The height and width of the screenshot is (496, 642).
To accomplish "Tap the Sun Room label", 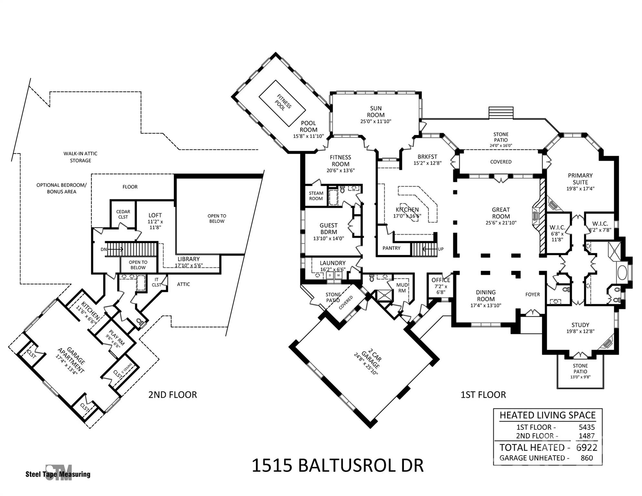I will pos(376,112).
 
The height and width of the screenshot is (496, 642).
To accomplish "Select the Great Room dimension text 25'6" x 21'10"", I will pos(501,223).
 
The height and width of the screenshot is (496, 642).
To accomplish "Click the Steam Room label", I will pos(316,196).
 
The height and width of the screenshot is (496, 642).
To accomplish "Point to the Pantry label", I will pos(391,248).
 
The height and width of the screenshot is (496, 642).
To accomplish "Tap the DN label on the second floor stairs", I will pos(104,249).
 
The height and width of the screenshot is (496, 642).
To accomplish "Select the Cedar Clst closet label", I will pos(123,214).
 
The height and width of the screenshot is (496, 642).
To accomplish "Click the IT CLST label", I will pos(157,282).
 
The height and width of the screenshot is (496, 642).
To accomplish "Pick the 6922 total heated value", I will pos(586,448).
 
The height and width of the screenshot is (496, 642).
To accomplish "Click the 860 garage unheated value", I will pos(586,458).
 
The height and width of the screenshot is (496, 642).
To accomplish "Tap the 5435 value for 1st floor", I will pos(586,427).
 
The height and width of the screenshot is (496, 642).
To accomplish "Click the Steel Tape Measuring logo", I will pos(58,473).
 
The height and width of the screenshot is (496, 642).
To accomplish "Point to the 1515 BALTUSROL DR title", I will pos(337,465).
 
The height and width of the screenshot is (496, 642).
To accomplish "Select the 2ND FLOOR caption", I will pos(172,395).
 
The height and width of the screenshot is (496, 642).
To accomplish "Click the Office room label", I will pos(440,280).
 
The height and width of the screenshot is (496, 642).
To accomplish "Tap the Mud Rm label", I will pos(402,288).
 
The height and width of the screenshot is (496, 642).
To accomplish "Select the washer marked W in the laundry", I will pos(338,275).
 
